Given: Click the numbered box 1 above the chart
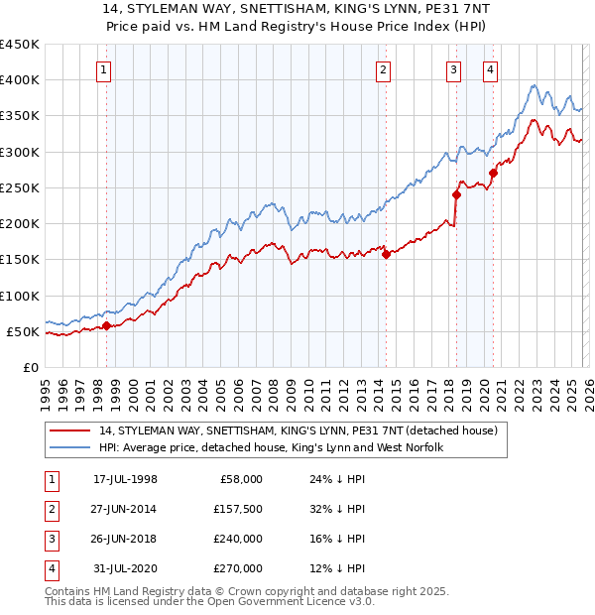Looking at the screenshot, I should point(104,69).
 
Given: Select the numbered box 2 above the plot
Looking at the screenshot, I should point(383,69).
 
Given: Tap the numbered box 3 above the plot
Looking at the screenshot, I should point(453,69).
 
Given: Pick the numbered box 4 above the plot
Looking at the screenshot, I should point(490,69).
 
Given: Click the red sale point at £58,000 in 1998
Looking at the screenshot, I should point(107,325).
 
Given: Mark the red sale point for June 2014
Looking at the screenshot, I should point(386,254).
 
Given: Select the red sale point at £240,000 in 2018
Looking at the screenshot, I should point(456,194).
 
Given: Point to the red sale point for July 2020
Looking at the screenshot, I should point(493,173).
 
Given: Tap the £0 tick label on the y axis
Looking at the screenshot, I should point(31,367).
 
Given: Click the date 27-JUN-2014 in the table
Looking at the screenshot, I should point(125,508).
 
